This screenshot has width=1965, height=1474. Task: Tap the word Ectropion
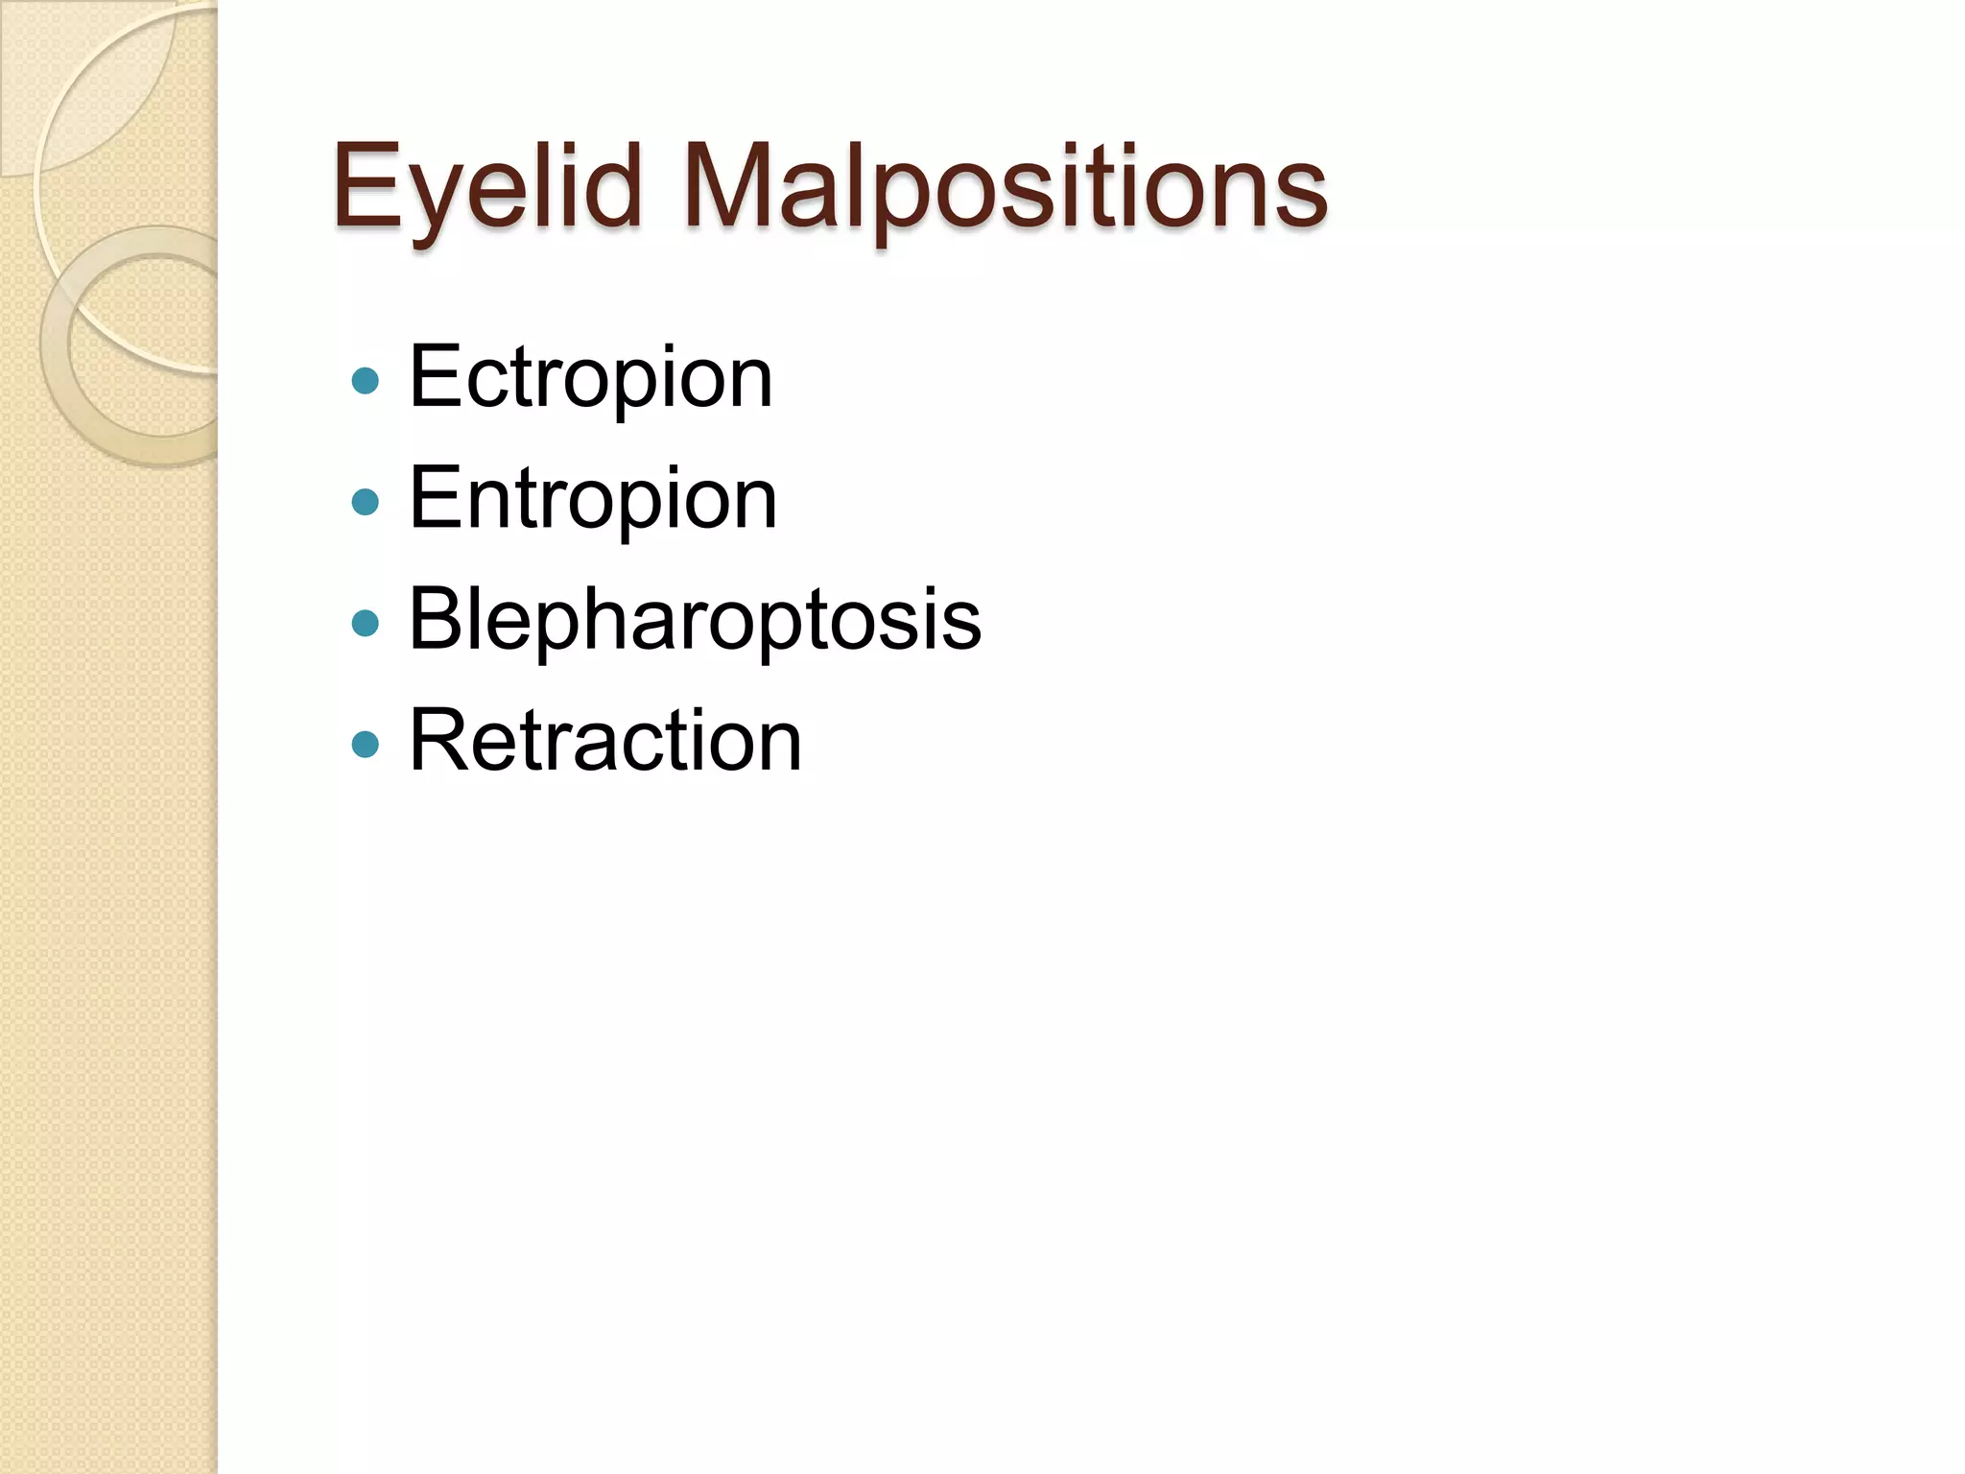(590, 377)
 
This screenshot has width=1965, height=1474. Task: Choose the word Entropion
(592, 498)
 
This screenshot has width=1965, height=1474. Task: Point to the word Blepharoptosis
(695, 619)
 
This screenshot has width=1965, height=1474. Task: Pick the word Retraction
(604, 740)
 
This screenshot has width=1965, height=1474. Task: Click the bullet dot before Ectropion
(366, 381)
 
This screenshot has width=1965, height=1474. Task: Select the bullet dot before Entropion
(366, 502)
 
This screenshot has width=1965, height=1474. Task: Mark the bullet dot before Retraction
(366, 745)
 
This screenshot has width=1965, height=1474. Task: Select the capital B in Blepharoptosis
(437, 619)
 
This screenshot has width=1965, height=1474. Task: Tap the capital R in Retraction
(439, 740)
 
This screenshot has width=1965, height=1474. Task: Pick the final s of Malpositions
(1300, 197)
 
